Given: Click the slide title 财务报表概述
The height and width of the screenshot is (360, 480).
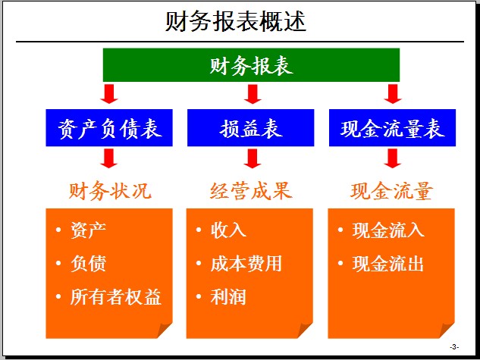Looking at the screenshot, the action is [236, 21].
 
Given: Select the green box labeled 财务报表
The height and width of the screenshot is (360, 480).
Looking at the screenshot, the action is [251, 65].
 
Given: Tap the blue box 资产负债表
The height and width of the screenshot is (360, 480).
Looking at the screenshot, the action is [109, 127].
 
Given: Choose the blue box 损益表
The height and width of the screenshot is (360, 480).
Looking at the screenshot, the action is [251, 127].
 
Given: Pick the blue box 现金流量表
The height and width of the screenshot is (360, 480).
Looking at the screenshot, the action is [392, 127].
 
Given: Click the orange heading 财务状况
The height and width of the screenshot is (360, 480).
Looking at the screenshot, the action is [110, 191].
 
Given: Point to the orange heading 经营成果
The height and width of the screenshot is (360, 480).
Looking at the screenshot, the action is [251, 191].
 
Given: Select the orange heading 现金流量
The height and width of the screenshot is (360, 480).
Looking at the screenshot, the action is [391, 191].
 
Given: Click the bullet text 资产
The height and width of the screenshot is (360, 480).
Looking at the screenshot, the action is [88, 230].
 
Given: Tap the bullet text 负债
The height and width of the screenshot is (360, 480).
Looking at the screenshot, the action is [88, 263].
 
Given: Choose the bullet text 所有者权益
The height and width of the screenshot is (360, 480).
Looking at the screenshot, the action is [116, 296].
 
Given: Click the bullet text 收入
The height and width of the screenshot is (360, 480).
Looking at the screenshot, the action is [228, 230].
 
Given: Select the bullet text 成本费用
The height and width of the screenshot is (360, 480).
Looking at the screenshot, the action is [246, 263].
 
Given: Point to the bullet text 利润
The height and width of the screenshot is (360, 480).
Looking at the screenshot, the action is [228, 296].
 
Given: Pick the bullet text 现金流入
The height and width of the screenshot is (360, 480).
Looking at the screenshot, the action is [388, 230].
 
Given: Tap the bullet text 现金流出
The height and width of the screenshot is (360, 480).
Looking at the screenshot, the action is [388, 263].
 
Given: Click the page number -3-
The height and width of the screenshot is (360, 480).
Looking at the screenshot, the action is [454, 347].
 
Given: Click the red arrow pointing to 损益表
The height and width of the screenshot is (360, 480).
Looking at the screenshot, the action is [253, 94].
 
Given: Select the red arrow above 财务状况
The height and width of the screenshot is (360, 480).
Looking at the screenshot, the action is [109, 158].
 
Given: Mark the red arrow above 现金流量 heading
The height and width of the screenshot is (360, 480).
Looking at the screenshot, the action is [393, 158].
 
